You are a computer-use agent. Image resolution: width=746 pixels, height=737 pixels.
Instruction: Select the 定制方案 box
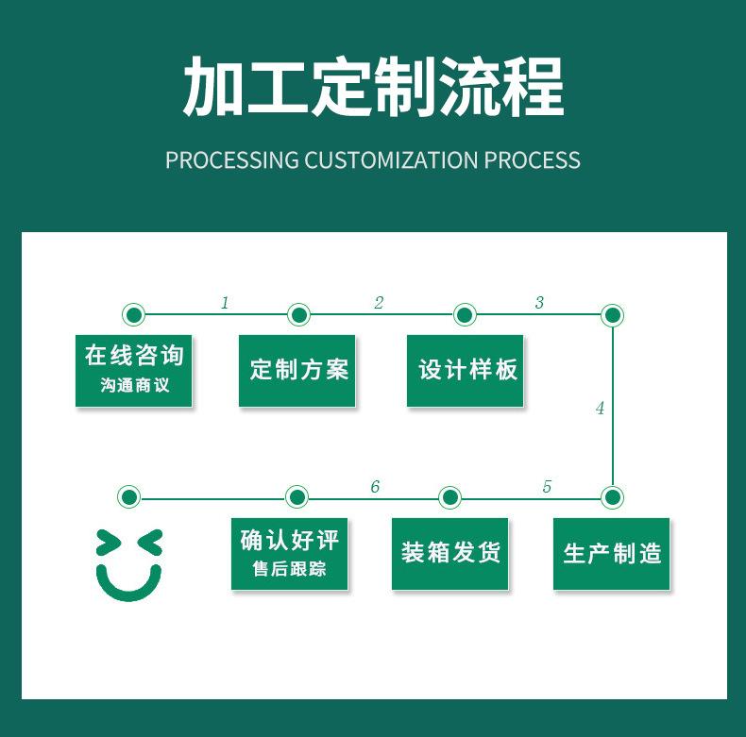297,371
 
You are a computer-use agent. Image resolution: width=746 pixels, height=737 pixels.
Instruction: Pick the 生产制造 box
611,554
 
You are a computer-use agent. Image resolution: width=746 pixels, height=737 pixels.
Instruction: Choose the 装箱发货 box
449,554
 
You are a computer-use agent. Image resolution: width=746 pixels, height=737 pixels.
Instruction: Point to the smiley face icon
129,564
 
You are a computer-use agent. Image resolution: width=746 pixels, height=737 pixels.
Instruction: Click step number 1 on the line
225,303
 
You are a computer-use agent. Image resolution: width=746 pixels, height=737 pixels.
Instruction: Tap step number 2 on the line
379,303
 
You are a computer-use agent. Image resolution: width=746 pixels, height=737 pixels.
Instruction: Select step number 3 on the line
539,303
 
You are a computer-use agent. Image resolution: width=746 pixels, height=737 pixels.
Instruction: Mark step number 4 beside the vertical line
600,409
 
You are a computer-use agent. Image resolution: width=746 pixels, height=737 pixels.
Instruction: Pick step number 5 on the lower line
547,487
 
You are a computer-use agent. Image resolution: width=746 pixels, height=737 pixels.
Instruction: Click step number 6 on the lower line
375,487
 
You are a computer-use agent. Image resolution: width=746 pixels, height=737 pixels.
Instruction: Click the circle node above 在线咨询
134,314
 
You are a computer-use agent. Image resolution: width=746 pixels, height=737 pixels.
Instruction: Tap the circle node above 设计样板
464,314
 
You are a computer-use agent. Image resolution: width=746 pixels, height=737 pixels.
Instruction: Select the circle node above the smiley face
129,496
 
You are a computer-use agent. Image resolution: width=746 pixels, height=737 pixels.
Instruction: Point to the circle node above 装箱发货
450,496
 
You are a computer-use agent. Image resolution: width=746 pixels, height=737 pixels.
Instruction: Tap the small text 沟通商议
134,385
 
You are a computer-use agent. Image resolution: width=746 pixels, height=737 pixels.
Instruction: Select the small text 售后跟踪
290,570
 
